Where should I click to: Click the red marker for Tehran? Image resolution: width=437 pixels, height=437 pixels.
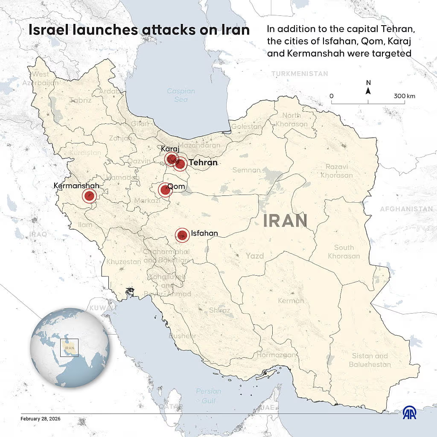point(180,164)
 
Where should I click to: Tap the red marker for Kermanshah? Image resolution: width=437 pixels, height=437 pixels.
point(89,196)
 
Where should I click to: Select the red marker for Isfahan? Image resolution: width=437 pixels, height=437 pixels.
point(183,235)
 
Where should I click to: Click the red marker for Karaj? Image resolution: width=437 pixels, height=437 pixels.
point(172,160)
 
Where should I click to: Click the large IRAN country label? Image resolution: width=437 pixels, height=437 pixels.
point(285,221)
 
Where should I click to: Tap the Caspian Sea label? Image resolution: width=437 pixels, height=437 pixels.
point(181,95)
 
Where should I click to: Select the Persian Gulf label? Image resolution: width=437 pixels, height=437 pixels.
point(209,396)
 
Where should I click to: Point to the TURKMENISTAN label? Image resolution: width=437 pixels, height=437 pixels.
point(300,74)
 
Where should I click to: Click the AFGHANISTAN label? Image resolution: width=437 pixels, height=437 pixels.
point(406,209)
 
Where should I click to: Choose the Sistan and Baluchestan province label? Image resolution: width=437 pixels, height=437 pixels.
point(370,360)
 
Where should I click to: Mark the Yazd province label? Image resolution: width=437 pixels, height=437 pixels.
point(254,256)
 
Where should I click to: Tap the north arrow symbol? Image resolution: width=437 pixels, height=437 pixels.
point(368,88)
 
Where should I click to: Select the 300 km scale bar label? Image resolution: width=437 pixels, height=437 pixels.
point(405,96)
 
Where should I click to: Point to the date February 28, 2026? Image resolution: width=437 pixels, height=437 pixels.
point(41,419)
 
